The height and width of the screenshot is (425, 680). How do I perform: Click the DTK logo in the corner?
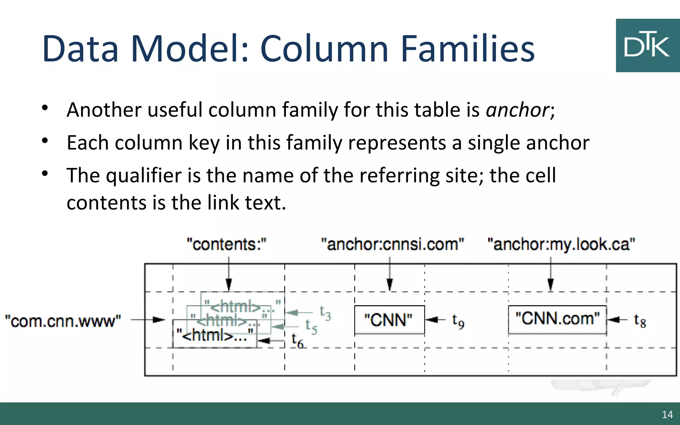[x=647, y=45]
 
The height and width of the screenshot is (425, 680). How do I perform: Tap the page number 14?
[x=667, y=414]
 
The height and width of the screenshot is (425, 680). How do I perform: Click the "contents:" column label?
[x=226, y=245]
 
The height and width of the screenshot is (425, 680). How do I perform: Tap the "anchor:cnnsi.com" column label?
[x=392, y=245]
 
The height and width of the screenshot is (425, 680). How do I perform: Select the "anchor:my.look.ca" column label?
[x=561, y=245]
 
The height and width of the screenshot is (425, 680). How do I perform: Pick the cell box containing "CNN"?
[x=389, y=320]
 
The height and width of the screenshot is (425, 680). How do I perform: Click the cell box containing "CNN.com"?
[x=557, y=319]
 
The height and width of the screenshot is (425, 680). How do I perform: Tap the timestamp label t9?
[x=458, y=321]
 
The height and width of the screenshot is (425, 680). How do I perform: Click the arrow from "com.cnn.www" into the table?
[x=148, y=320]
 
